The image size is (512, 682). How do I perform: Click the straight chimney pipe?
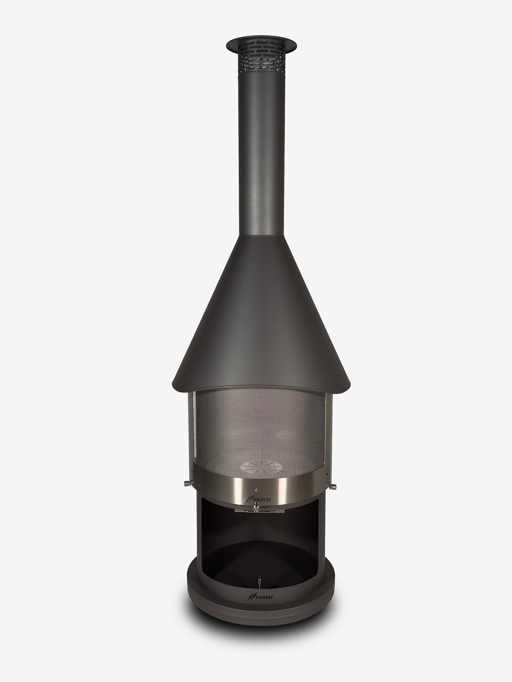click(x=261, y=154)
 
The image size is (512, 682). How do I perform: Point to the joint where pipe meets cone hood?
click(x=261, y=237)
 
